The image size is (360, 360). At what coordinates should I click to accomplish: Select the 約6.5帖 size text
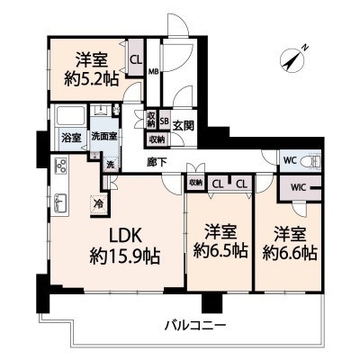[219, 252]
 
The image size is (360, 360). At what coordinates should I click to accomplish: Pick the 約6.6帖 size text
[289, 252]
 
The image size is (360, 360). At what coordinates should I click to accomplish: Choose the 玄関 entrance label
[184, 125]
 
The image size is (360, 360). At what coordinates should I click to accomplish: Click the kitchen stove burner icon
[62, 166]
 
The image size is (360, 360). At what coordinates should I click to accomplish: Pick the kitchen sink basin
[62, 202]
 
